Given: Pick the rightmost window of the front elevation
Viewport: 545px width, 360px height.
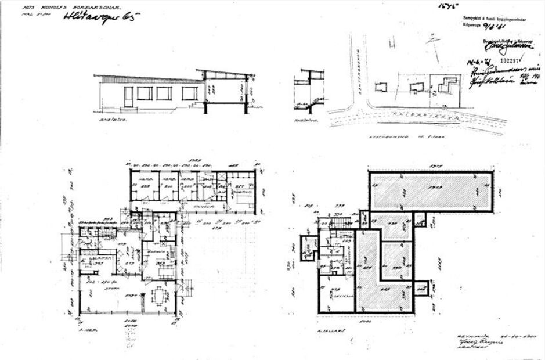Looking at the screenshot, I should (189, 93).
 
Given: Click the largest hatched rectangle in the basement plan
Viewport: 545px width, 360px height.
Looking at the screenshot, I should (431, 192).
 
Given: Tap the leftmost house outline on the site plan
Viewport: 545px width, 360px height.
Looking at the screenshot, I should (381, 87).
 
